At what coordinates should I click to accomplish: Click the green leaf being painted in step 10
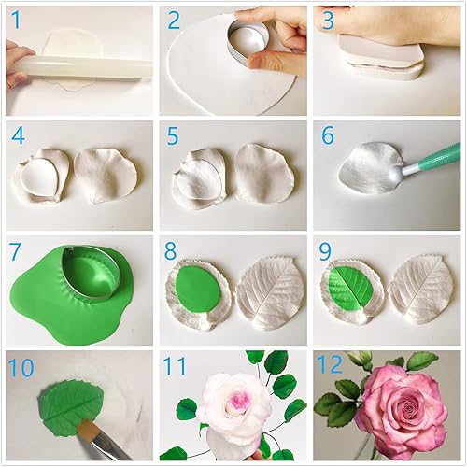70,403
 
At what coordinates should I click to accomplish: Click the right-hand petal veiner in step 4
105,174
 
